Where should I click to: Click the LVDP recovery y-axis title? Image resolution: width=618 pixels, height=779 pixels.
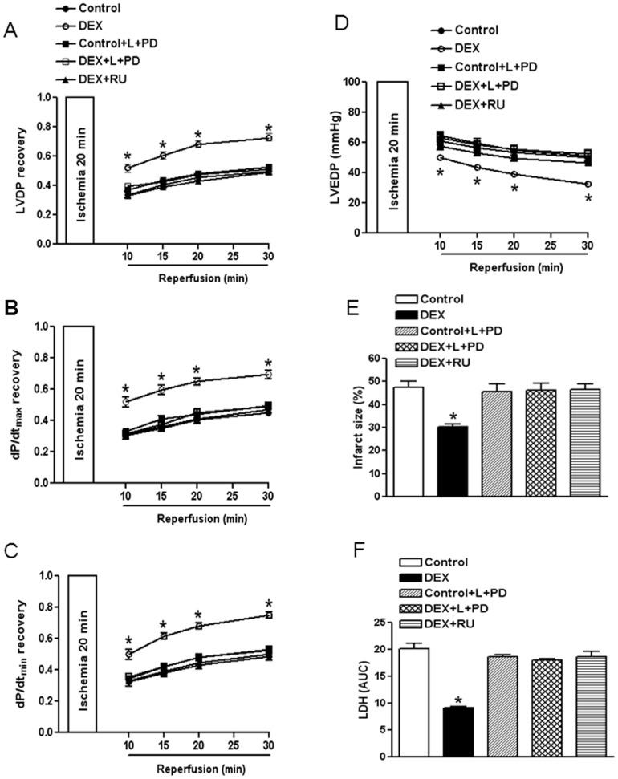[15, 170]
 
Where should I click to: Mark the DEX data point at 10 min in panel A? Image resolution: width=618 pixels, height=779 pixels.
[126, 168]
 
